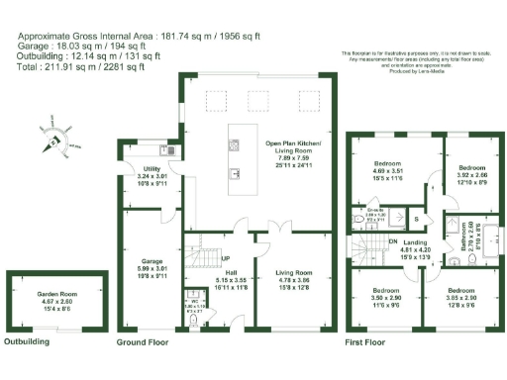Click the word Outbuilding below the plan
click(x=27, y=342)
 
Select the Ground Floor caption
click(x=147, y=342)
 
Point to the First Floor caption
click(x=364, y=342)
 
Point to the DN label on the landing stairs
click(x=392, y=240)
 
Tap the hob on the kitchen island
click(x=234, y=145)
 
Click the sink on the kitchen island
click(x=235, y=172)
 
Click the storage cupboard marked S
click(x=417, y=218)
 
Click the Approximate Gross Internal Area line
click(x=139, y=35)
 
